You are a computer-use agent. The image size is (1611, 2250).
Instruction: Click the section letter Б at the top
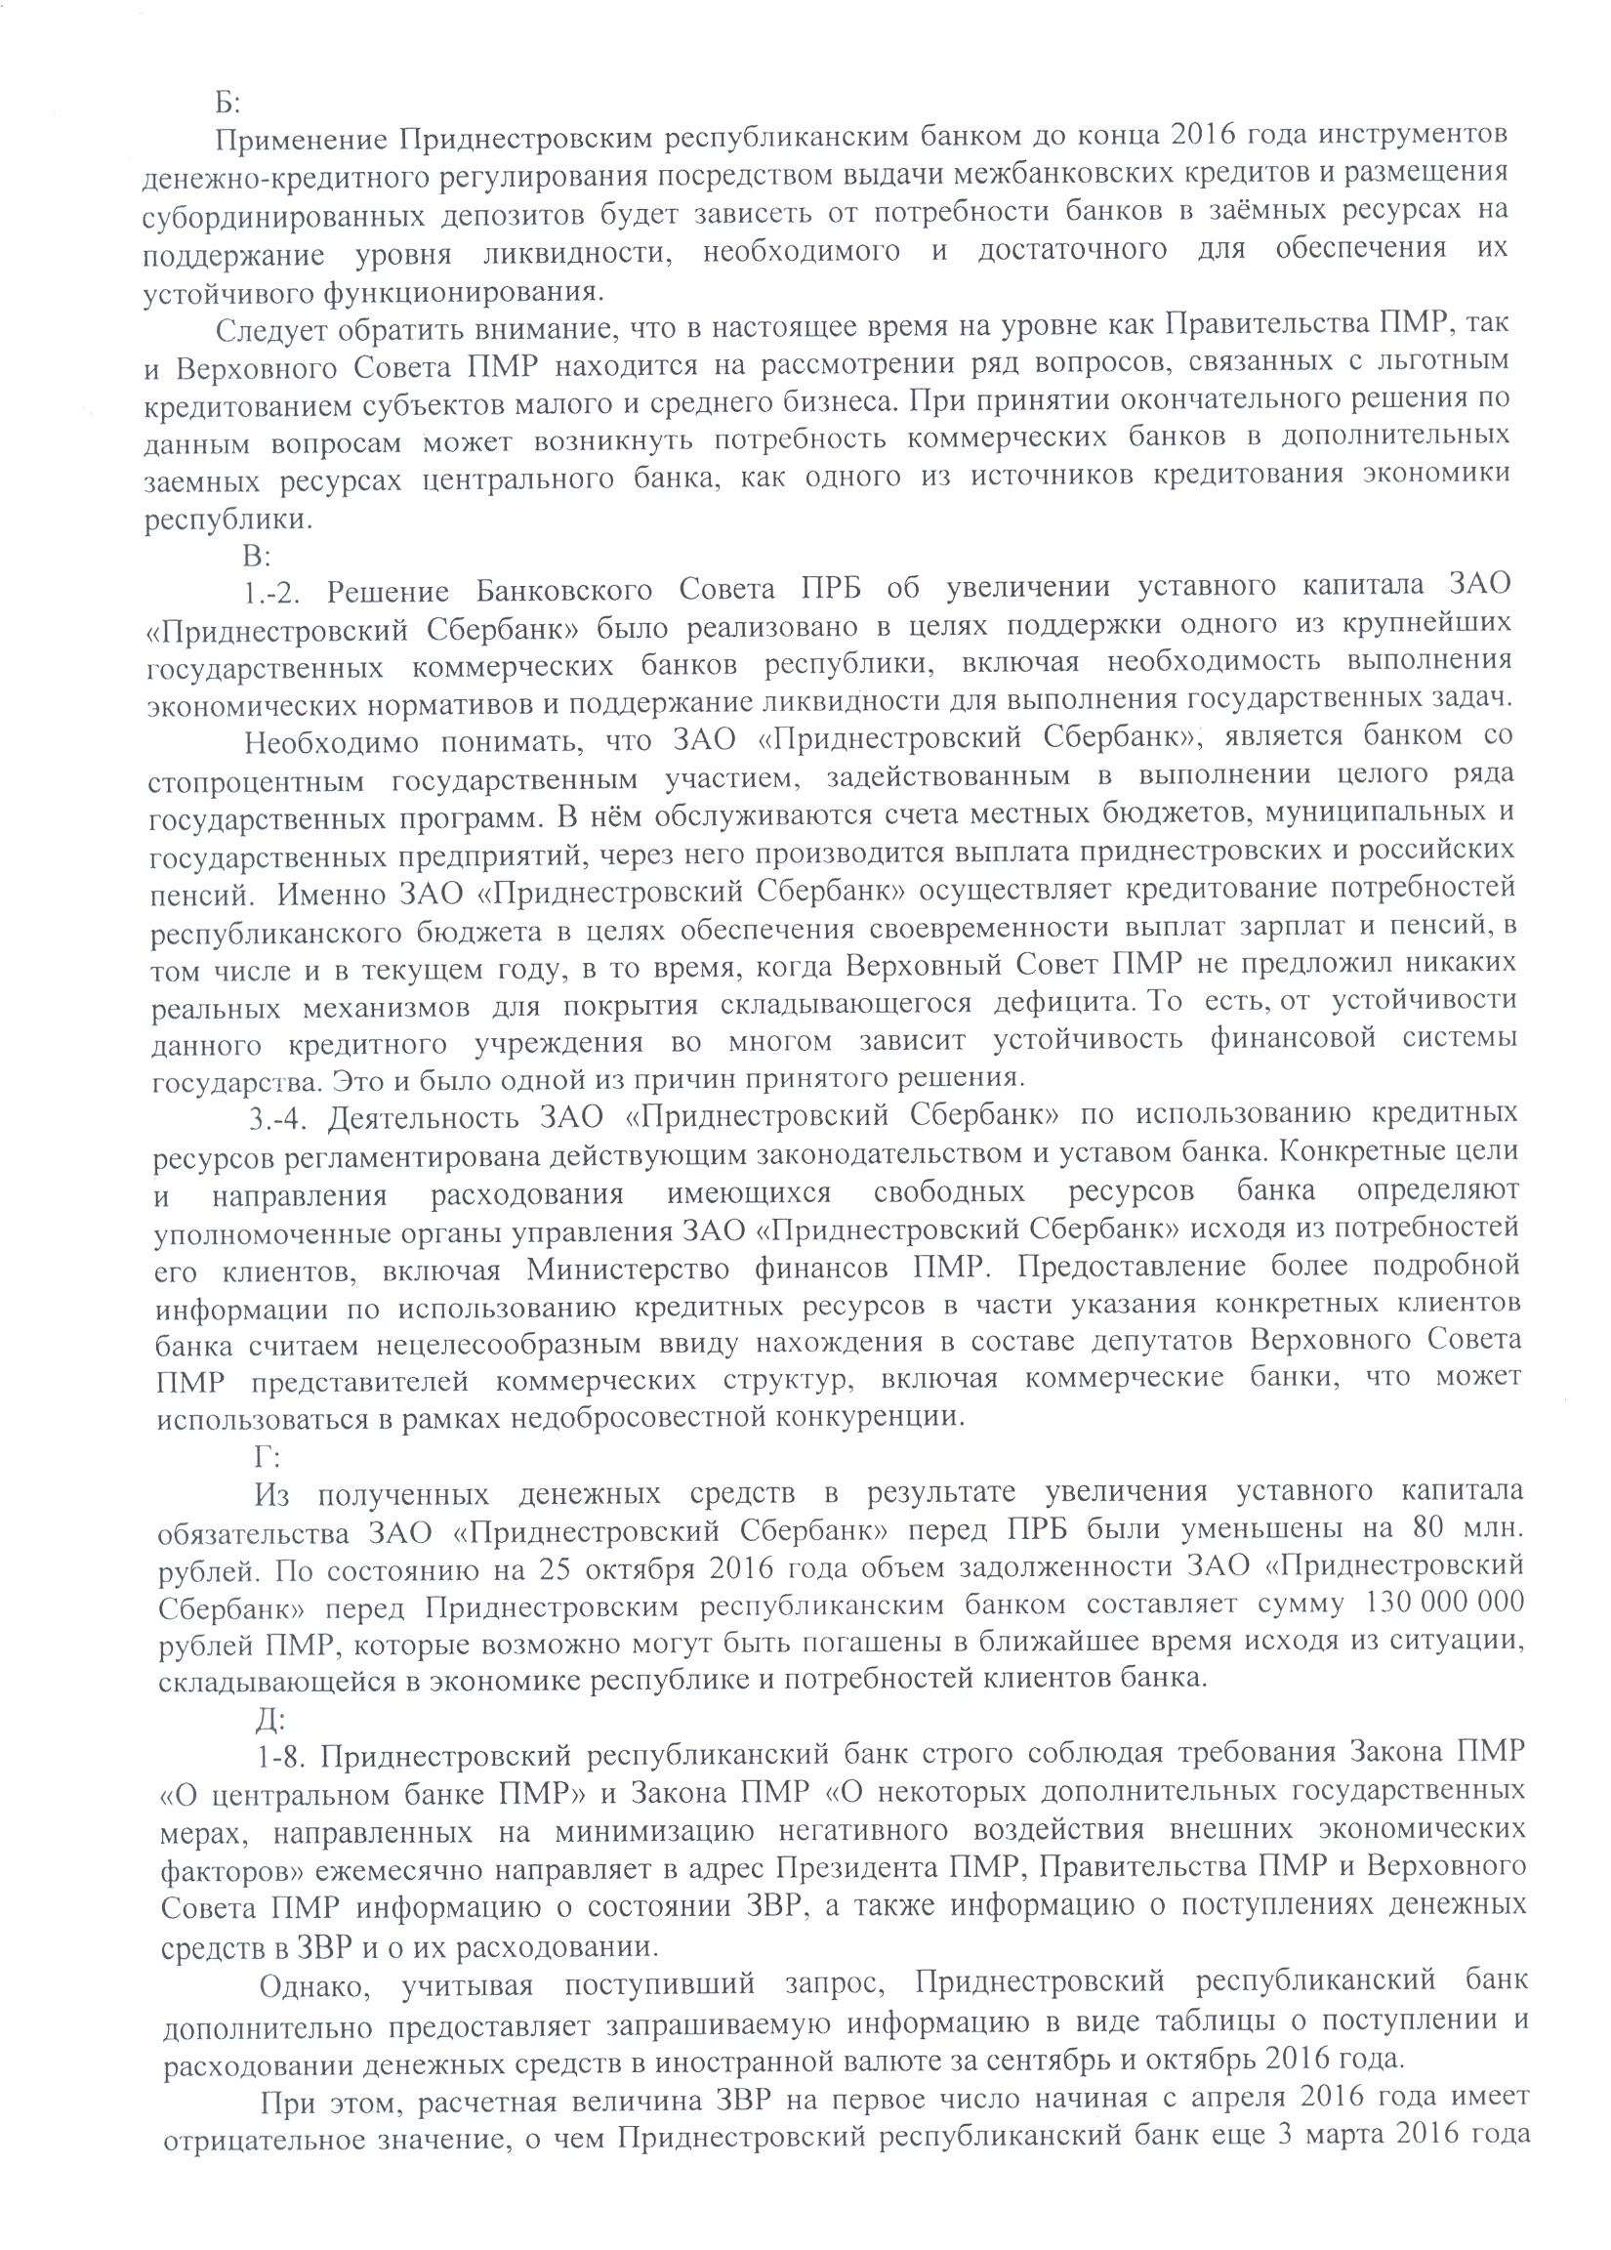[x=222, y=103]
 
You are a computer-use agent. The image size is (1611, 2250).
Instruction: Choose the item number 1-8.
[x=284, y=1756]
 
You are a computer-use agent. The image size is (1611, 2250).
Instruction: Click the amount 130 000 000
[x=1443, y=1604]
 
